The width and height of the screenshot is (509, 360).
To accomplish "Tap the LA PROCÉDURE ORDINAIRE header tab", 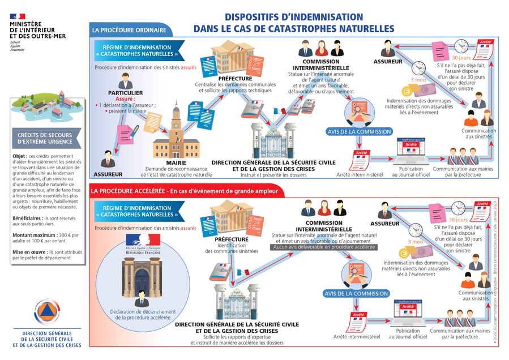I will pos(129,30).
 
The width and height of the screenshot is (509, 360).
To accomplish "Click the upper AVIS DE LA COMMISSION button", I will pos(359,131).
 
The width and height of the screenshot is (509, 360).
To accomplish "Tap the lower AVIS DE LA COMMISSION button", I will pos(356,294).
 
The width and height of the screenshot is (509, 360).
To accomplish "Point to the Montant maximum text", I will pos(34,234).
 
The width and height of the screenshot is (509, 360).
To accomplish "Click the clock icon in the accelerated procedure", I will pos(418,229).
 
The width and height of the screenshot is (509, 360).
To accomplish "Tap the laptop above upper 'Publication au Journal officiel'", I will pos(410,152).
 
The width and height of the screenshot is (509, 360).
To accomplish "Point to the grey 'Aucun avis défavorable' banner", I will pos(316,247).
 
